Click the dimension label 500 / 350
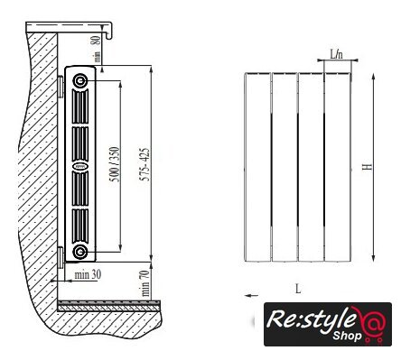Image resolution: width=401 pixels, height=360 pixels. coord(115,164)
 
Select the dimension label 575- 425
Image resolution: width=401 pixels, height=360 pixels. coord(145,164)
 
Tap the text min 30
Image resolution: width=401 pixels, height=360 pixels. coord(88,274)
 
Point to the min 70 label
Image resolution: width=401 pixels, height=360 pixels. coord(145,283)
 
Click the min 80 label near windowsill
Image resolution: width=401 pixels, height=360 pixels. coord(96,49)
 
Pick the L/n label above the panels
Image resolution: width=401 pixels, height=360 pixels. coord(337,54)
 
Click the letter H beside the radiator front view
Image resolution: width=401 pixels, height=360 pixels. coord(368,167)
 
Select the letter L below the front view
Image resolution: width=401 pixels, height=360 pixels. coord(298,289)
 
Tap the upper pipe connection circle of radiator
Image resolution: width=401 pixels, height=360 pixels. coord(80,80)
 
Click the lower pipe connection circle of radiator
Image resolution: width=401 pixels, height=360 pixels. coord(80,251)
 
